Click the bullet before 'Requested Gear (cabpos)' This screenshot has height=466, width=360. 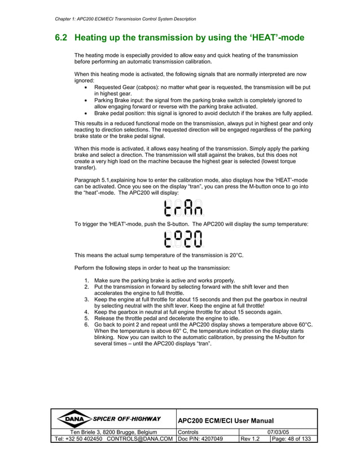click(85, 88)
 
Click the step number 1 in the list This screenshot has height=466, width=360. click(86, 280)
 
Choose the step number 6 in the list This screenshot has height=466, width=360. click(86, 326)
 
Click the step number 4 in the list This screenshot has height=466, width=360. click(86, 312)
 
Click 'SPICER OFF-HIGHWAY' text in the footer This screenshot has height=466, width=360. click(126, 419)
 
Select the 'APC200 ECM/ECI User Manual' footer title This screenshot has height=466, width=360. click(226, 421)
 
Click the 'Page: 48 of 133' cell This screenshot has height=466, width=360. click(290, 439)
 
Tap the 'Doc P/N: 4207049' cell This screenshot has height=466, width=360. click(200, 439)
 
